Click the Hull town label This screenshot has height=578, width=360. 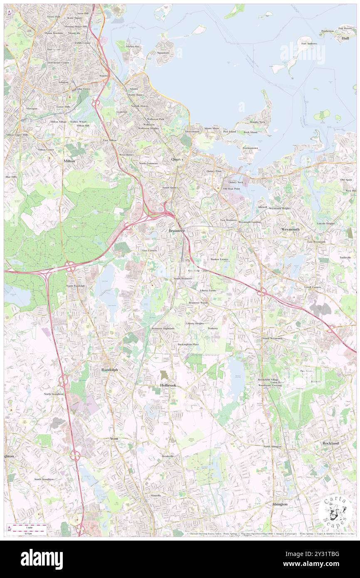click(x=345, y=38)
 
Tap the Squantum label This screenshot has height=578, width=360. click(x=163, y=53)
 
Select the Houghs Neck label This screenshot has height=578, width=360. click(x=257, y=122)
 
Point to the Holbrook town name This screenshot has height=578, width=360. click(x=168, y=385)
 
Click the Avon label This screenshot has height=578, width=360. click(x=114, y=439)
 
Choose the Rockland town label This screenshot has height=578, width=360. click(x=330, y=443)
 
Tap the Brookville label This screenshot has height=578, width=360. click(x=168, y=456)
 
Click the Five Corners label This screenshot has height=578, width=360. click(x=149, y=251)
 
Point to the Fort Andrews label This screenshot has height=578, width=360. click(x=309, y=44)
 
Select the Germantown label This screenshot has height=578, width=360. click(x=250, y=148)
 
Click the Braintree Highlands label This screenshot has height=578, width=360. click(x=163, y=329)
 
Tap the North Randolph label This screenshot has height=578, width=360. click(x=75, y=286)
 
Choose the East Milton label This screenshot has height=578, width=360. click(x=110, y=141)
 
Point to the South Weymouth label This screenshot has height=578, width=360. click(x=272, y=338)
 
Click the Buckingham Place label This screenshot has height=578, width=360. click(x=188, y=344)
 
